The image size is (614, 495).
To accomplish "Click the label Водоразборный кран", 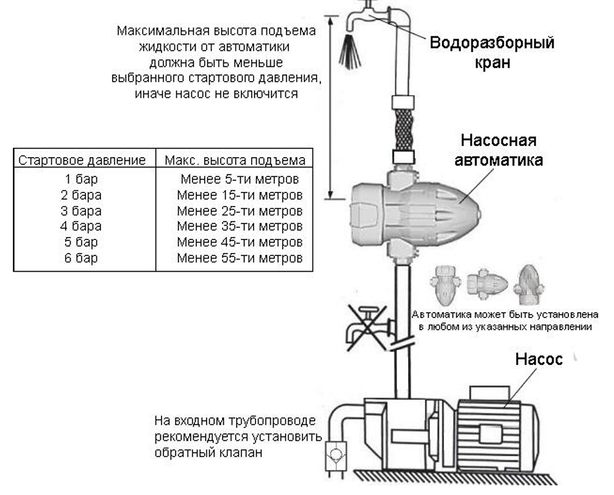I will click(x=492, y=53).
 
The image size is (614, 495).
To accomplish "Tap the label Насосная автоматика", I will click(x=498, y=150).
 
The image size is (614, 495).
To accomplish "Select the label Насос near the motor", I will click(x=538, y=359).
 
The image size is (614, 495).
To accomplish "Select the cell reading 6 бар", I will click(x=82, y=257).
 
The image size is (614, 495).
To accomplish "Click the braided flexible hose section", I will click(x=404, y=128).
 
